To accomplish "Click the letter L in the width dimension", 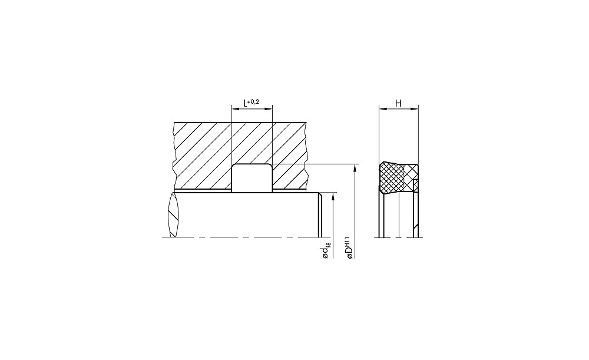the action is [246, 103].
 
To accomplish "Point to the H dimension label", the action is [399, 103].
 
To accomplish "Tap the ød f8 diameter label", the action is [326, 250].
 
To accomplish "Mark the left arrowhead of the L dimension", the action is [235, 109].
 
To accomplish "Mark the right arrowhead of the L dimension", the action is [269, 109].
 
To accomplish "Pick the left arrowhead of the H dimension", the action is [383, 109].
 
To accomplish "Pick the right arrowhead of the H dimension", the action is [414, 109].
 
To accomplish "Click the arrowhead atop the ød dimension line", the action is [333, 197].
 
